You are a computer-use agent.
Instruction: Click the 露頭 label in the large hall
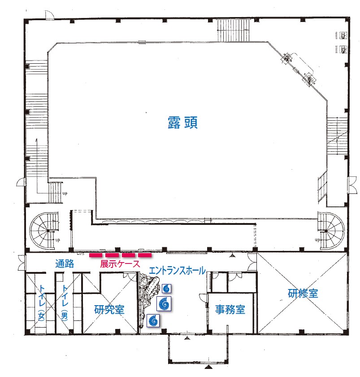click(182, 123)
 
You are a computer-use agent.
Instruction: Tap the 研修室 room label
click(303, 294)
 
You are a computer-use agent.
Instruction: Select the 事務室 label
click(230, 309)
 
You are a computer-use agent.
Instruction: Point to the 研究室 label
click(109, 309)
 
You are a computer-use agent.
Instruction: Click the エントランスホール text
click(177, 271)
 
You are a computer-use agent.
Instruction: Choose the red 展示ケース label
click(120, 264)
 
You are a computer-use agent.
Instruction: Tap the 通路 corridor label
click(65, 263)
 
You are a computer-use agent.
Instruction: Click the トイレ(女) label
click(42, 303)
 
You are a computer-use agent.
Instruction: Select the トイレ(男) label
click(65, 303)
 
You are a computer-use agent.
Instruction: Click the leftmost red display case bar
click(95, 255)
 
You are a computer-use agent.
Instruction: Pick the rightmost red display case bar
click(145, 255)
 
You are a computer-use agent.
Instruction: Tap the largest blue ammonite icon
click(165, 303)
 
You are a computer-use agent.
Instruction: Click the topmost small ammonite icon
click(166, 288)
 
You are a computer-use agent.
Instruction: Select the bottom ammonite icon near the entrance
click(153, 320)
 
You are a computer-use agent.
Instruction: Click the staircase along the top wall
click(233, 31)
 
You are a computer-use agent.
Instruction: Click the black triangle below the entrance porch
click(209, 367)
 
